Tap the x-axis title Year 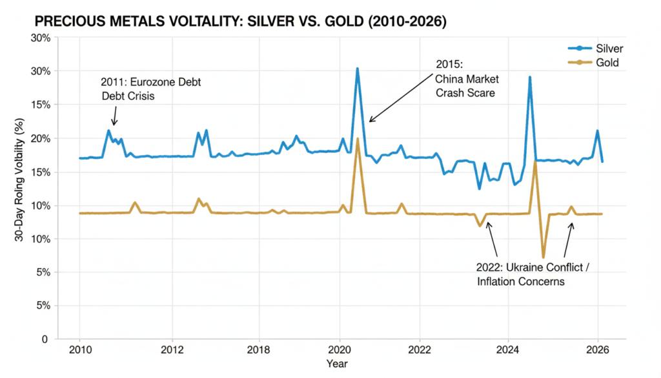[337, 364]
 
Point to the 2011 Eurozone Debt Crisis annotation [146, 89]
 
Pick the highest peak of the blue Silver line [357, 68]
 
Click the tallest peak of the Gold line [357, 139]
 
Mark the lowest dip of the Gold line [544, 257]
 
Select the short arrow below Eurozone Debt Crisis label [114, 116]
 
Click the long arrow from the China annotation [400, 98]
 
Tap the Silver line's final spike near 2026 [597, 131]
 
